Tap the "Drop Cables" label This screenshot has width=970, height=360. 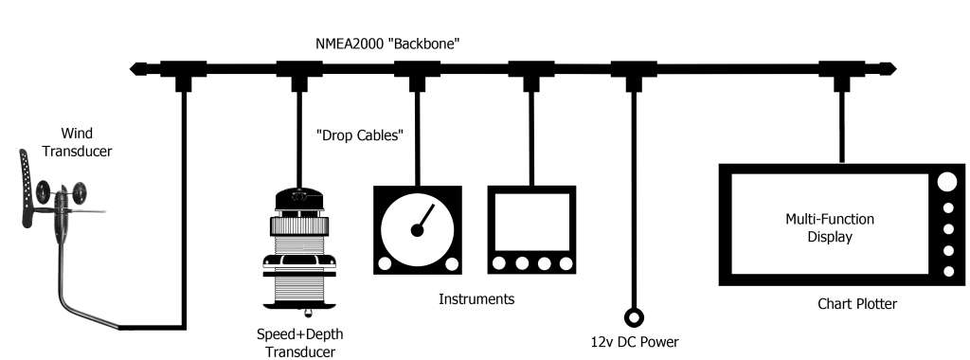[x=360, y=135]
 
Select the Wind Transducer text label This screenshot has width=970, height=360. [x=77, y=143]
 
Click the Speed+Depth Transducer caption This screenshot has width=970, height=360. [x=298, y=342]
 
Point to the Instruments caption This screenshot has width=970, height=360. [x=476, y=299]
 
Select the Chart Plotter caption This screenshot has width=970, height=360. [x=856, y=304]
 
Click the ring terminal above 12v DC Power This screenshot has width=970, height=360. [x=632, y=316]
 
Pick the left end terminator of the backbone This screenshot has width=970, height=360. [x=138, y=68]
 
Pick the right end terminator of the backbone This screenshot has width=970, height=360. [x=888, y=68]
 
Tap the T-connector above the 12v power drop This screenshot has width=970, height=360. [x=632, y=71]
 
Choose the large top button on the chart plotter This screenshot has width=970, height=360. [x=945, y=183]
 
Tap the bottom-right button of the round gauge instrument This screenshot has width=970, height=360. [x=451, y=263]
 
